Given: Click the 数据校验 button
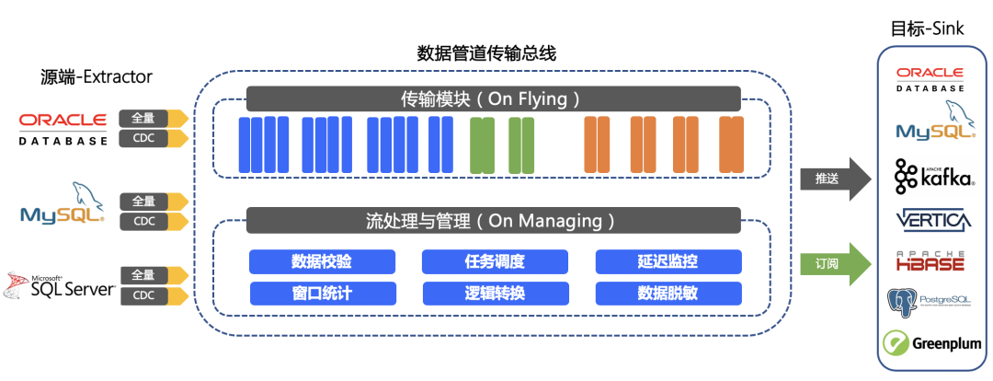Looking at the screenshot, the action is [x=322, y=261].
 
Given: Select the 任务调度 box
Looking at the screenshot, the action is [x=495, y=261].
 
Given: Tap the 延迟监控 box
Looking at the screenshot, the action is [x=668, y=261].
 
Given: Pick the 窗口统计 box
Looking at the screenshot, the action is [x=323, y=293].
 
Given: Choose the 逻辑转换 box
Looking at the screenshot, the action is [x=496, y=293].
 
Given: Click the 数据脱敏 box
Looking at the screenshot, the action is [x=668, y=293].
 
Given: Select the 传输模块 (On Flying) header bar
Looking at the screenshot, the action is [x=494, y=98].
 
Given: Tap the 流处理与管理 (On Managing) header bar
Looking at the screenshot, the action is [x=494, y=221].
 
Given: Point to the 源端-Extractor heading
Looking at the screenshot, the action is [x=96, y=76].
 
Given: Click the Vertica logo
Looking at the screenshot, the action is [x=933, y=219].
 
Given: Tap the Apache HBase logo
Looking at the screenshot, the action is [x=930, y=260].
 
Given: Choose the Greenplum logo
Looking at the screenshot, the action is [x=931, y=343].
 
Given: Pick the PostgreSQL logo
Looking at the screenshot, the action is [x=931, y=302].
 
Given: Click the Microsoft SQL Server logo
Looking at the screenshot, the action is [x=60, y=286].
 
